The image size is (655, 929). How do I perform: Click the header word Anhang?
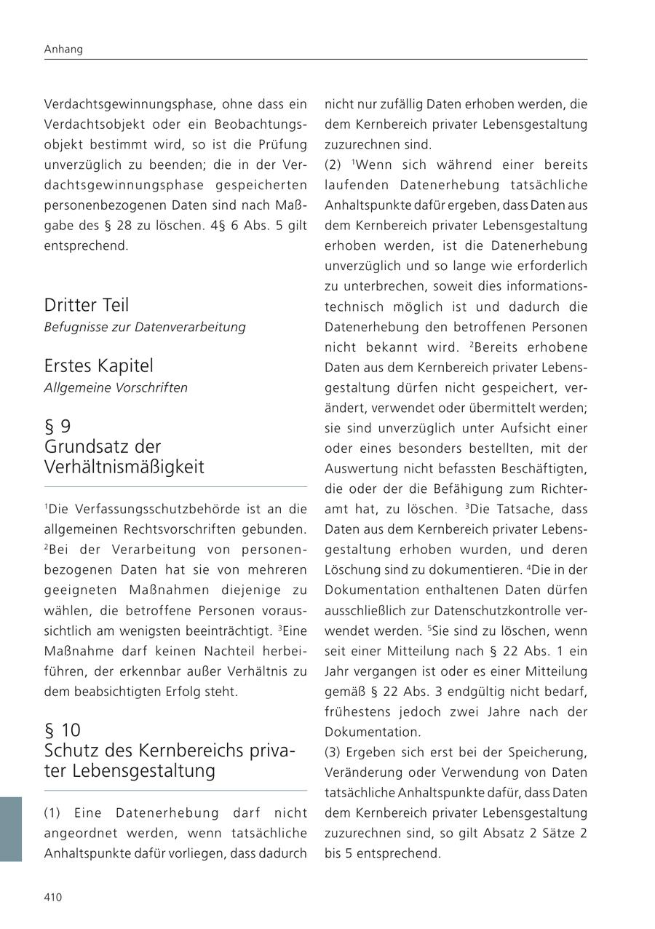pyautogui.click(x=63, y=50)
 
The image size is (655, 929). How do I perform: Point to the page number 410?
pyautogui.click(x=53, y=897)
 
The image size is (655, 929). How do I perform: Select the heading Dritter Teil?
pyautogui.click(x=86, y=305)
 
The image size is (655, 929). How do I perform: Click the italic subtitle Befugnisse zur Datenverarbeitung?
pyautogui.click(x=144, y=327)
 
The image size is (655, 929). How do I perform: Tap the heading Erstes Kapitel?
pyautogui.click(x=98, y=365)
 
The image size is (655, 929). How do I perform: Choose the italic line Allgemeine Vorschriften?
pyautogui.click(x=116, y=387)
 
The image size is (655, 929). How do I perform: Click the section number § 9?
pyautogui.click(x=57, y=427)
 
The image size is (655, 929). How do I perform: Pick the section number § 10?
pyautogui.click(x=63, y=730)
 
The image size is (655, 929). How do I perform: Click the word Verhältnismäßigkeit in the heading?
pyautogui.click(x=124, y=467)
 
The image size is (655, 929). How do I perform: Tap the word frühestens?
pyautogui.click(x=357, y=712)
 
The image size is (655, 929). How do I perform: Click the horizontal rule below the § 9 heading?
pyautogui.click(x=175, y=487)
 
